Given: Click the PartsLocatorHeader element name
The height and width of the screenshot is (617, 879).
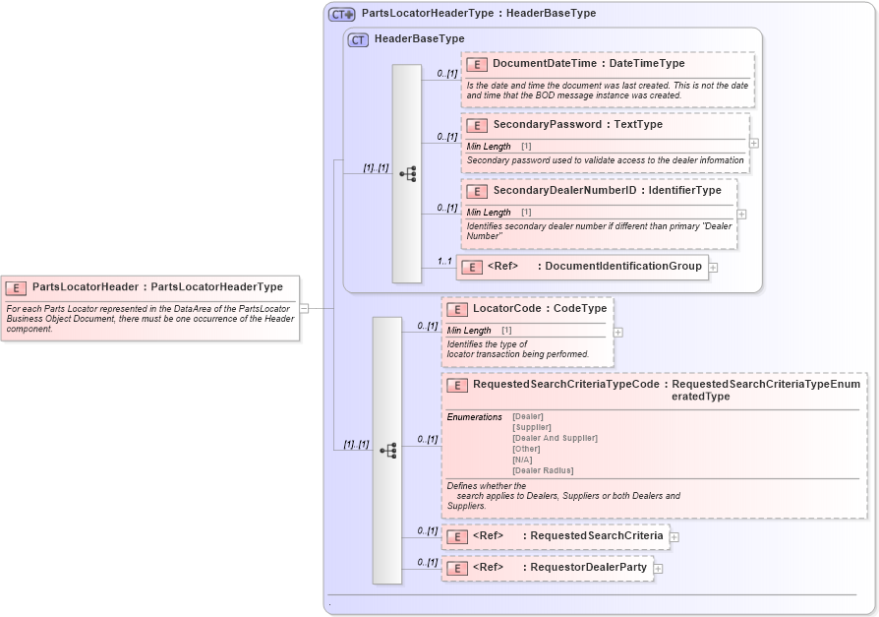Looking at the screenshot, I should click(87, 287).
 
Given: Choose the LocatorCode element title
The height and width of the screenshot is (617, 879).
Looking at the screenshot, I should click(512, 309).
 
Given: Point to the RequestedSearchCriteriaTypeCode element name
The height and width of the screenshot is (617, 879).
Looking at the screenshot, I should click(565, 385).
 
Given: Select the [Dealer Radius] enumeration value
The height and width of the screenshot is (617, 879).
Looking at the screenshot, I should click(543, 470).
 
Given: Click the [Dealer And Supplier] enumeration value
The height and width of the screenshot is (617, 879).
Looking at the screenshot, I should click(555, 438).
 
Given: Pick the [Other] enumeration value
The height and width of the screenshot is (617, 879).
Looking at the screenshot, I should click(526, 449).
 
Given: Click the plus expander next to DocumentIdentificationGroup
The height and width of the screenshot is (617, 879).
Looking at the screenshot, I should click(713, 267).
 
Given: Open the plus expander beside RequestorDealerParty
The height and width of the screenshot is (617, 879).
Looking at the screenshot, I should click(658, 568).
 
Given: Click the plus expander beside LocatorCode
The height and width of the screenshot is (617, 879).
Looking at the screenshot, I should click(617, 332).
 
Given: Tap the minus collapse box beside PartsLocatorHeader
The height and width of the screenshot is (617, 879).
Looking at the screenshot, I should click(305, 307).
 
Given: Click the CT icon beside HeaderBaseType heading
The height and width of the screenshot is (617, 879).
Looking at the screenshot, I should click(358, 39).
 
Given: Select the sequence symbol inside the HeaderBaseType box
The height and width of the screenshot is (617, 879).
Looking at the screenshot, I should click(407, 174).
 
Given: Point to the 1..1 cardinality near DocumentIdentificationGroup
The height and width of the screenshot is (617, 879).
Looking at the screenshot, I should click(444, 261).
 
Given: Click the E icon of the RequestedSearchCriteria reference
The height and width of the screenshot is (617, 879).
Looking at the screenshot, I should click(456, 536).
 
